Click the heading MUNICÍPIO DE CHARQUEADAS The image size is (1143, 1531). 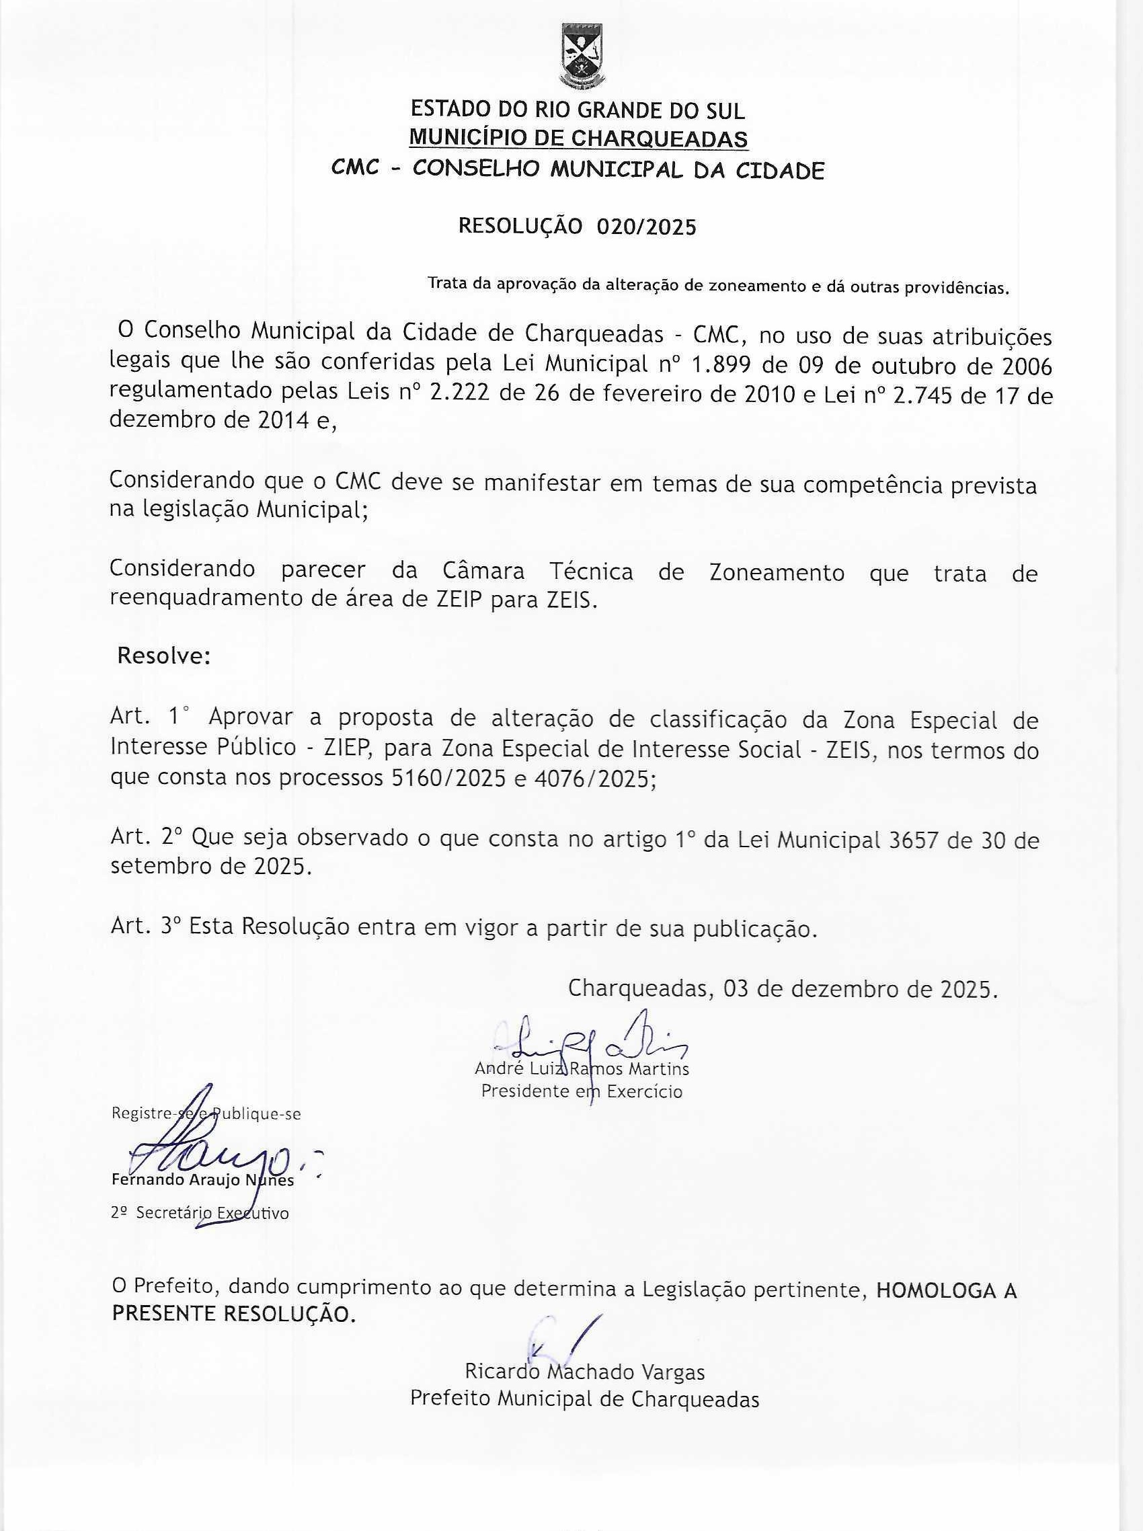tap(578, 139)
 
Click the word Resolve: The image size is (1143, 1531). tap(163, 655)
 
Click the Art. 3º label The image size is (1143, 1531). tap(146, 926)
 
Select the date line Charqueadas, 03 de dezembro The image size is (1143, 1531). tap(783, 988)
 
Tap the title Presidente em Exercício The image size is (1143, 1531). tap(582, 1091)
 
